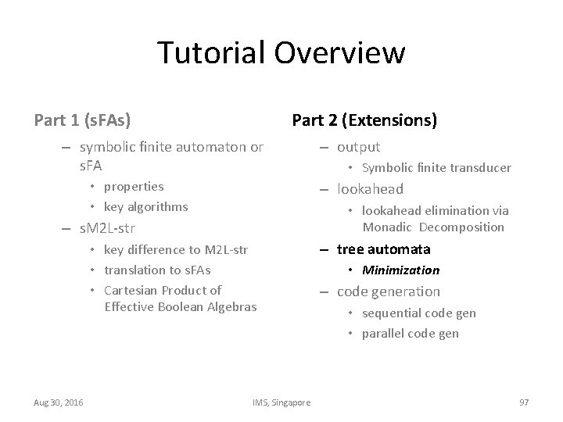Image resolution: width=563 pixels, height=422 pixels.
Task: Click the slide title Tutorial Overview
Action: (281, 53)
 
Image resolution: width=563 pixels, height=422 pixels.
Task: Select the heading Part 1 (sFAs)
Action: (82, 120)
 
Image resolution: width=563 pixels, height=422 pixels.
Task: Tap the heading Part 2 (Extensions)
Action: (364, 120)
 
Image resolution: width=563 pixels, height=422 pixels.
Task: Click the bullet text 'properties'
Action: (134, 187)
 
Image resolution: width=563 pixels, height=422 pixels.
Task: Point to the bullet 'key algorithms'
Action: (145, 207)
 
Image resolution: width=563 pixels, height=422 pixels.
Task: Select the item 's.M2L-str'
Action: (108, 229)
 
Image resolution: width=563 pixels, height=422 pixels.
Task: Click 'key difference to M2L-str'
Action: (175, 250)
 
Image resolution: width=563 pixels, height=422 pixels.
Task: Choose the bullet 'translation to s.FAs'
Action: (157, 270)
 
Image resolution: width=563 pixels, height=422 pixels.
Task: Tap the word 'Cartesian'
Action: (129, 291)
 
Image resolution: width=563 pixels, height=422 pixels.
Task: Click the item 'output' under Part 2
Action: (358, 147)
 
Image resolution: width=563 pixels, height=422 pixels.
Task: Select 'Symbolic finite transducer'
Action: (436, 168)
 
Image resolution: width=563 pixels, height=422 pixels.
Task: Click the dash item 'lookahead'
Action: (370, 189)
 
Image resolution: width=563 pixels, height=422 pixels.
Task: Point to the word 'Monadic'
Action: (387, 227)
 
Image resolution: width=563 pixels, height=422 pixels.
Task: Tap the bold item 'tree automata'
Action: (383, 249)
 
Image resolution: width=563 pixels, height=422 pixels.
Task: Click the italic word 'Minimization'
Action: (400, 270)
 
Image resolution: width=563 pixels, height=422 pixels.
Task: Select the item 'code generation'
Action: (388, 291)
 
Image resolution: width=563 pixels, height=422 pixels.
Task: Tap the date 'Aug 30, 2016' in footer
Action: (59, 402)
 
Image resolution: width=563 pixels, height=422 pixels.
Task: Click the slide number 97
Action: (524, 402)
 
